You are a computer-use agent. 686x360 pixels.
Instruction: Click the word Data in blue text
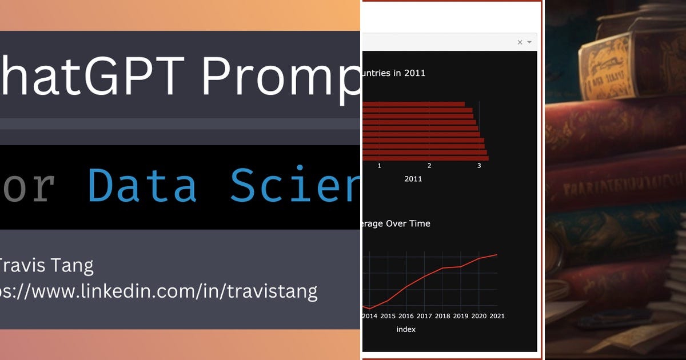[143, 187]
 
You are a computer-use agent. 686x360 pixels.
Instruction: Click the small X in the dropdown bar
[520, 42]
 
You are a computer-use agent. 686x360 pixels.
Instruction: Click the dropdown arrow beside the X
[529, 42]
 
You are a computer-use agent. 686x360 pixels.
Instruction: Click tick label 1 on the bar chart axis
[379, 166]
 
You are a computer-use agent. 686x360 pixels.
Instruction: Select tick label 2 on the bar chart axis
[429, 166]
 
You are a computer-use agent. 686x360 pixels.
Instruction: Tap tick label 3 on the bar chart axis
[479, 166]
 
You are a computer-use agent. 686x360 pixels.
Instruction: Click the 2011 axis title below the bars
[413, 179]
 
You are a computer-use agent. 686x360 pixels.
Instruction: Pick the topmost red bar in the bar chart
[413, 104]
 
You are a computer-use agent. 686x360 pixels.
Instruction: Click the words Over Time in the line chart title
[408, 223]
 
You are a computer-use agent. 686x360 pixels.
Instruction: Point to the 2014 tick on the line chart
[369, 316]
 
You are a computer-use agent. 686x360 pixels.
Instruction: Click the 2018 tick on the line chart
[442, 316]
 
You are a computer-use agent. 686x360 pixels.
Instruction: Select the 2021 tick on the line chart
[496, 316]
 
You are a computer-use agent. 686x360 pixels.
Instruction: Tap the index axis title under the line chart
[406, 329]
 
